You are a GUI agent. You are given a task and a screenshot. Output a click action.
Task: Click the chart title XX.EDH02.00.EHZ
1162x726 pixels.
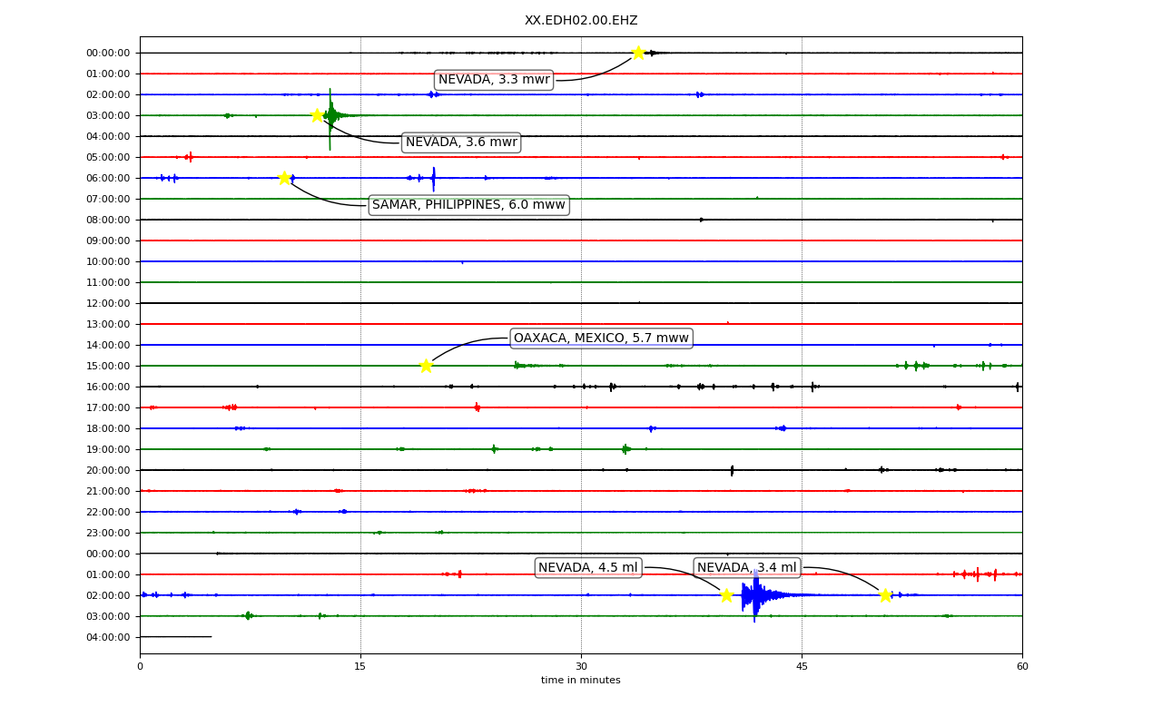[581, 20]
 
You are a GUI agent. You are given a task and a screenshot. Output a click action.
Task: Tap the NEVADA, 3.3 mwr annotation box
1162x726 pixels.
[494, 80]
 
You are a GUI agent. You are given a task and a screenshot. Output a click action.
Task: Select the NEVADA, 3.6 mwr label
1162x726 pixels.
[461, 142]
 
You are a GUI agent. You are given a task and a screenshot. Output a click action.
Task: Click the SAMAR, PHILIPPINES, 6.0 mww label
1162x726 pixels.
[469, 205]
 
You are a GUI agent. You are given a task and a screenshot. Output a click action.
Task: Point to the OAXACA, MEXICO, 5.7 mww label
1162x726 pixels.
[601, 338]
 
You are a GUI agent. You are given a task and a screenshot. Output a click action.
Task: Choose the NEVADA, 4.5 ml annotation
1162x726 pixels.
[588, 568]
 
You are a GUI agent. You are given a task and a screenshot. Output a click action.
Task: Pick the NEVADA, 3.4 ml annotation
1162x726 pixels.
[746, 568]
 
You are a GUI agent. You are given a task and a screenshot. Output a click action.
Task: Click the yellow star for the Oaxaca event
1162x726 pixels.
[426, 366]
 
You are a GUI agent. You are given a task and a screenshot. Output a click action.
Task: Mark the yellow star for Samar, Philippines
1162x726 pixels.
[284, 179]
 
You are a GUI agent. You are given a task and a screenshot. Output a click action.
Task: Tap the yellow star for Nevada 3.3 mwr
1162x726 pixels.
[638, 53]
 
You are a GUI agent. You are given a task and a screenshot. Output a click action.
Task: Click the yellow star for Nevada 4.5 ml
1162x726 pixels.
[727, 595]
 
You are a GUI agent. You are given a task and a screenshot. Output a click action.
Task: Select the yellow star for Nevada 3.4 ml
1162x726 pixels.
[885, 595]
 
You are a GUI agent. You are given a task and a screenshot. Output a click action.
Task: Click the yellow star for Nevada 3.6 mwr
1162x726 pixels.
[318, 115]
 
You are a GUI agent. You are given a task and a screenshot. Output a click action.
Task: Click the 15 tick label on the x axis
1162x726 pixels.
[360, 666]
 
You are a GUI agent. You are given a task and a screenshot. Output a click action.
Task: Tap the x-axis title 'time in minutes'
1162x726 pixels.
[580, 680]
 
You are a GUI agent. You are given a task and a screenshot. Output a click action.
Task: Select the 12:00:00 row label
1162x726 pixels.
[108, 303]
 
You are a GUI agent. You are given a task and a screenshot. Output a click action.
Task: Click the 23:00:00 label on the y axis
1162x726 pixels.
[108, 533]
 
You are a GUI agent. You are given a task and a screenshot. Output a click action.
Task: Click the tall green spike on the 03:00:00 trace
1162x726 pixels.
[330, 119]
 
